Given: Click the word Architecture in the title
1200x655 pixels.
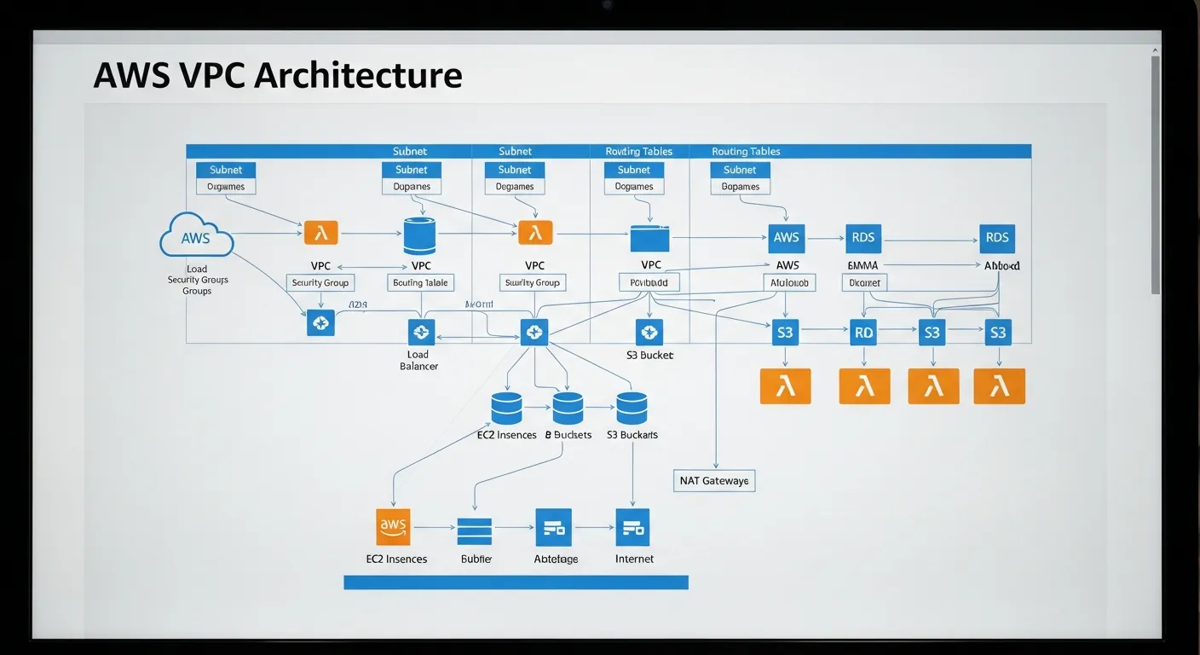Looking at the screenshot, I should click(x=358, y=75).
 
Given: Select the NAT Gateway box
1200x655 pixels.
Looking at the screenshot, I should click(x=714, y=481).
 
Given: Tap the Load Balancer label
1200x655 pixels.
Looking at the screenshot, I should click(x=418, y=360).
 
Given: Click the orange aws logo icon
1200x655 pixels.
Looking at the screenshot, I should click(x=393, y=526).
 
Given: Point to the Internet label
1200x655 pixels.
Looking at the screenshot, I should click(x=634, y=559).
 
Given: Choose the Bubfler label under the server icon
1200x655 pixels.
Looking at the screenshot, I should click(x=476, y=559).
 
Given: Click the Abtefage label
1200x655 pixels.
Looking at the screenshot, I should click(x=556, y=559).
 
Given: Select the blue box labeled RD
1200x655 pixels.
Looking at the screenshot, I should click(x=863, y=333).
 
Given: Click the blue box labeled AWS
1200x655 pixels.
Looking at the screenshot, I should click(x=786, y=238).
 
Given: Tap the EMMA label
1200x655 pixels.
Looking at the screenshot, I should click(x=863, y=266).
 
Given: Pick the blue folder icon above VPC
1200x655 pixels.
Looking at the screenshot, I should click(x=649, y=238).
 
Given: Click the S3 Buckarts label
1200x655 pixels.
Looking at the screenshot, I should click(x=632, y=435).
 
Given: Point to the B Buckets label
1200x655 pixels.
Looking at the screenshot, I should click(x=568, y=435).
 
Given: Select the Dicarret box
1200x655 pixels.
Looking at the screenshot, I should click(x=864, y=282).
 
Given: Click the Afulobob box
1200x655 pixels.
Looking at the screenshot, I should click(x=788, y=282).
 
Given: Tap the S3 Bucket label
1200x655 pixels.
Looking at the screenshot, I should click(x=649, y=355).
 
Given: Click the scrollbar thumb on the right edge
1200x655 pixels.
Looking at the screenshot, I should click(x=1155, y=175).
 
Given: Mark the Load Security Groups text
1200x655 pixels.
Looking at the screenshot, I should click(x=197, y=280).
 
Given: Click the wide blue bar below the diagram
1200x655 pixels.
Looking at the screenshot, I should click(x=516, y=583).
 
